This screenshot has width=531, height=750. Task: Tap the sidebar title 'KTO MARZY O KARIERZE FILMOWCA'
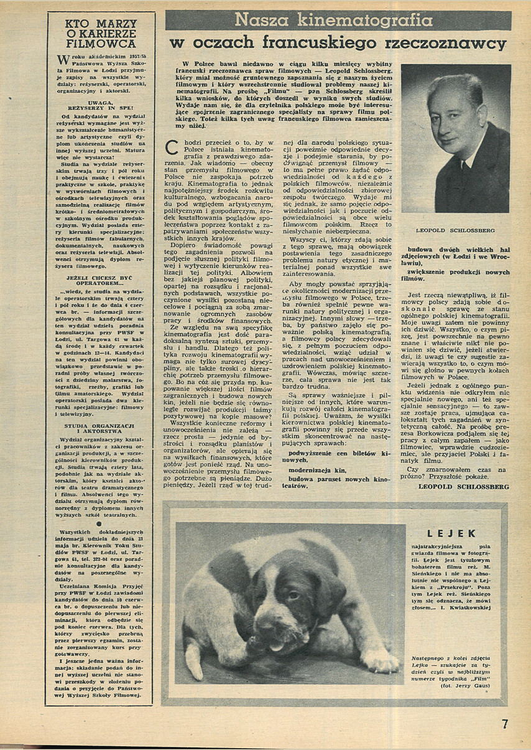coord(100,33)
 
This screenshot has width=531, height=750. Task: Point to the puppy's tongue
coord(275,646)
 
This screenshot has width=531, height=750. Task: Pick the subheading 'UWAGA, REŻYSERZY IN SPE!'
coord(101,106)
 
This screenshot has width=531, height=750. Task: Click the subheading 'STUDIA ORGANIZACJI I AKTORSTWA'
coord(100,428)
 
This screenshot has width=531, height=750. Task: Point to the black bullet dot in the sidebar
coord(99,523)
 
